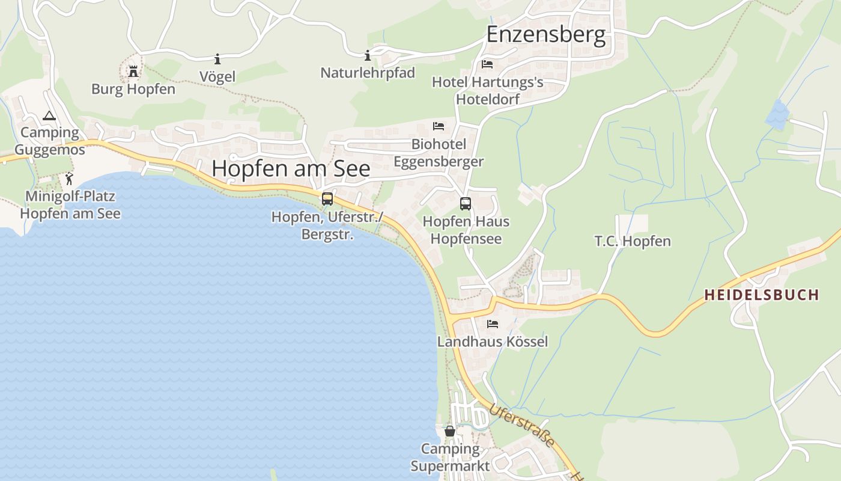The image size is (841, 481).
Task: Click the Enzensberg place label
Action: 545,34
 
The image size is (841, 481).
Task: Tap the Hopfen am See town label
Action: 291,168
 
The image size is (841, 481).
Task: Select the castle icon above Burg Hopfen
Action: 133,72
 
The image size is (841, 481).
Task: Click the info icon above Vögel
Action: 217,59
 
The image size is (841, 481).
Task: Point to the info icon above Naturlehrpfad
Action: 368,56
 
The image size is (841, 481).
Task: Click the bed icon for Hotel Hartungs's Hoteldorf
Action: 487,64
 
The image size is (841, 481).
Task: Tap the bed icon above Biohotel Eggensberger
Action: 439,126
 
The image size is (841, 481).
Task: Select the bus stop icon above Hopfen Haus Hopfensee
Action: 466,204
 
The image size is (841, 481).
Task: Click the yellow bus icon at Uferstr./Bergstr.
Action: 327,199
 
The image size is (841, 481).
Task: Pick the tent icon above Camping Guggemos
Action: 49,115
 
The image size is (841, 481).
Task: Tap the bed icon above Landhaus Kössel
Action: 493,324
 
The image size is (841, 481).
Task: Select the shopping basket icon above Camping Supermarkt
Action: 450,430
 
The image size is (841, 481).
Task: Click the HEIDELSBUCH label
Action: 761,295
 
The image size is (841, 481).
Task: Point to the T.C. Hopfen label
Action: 633,241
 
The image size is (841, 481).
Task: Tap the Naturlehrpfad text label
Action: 368,73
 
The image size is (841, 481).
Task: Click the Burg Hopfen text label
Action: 133,89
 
